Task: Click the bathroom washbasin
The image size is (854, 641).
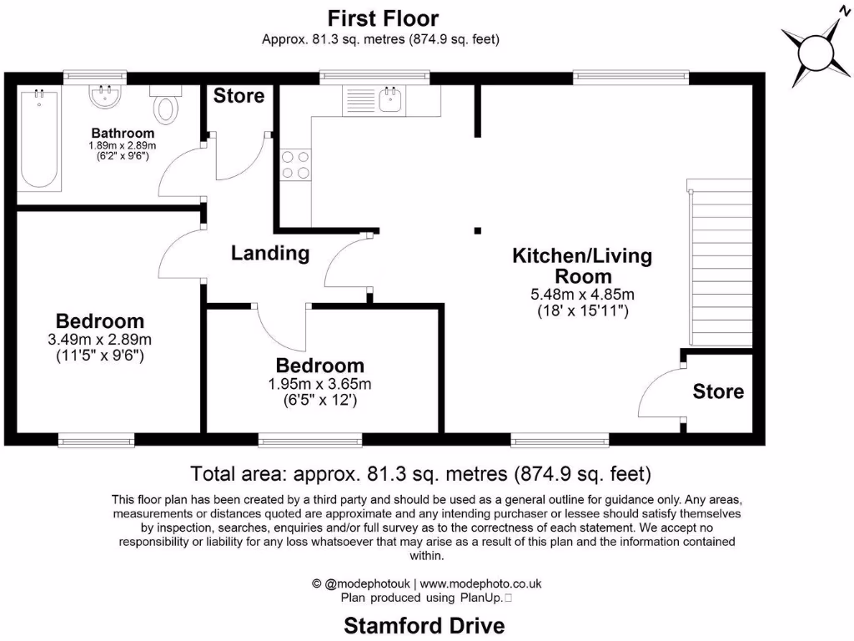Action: (106, 96)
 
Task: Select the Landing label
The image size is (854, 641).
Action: (270, 253)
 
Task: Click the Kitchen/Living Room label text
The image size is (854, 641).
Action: (581, 265)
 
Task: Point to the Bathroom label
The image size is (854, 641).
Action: (123, 133)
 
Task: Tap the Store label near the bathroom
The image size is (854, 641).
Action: (239, 96)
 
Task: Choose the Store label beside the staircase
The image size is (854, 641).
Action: (718, 391)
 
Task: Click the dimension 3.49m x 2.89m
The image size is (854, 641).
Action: (100, 340)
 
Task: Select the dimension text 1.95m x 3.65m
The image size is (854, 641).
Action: (320, 384)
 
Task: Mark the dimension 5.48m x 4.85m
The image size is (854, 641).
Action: (582, 295)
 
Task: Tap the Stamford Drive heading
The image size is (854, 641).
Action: (424, 624)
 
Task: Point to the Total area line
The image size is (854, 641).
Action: (420, 474)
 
